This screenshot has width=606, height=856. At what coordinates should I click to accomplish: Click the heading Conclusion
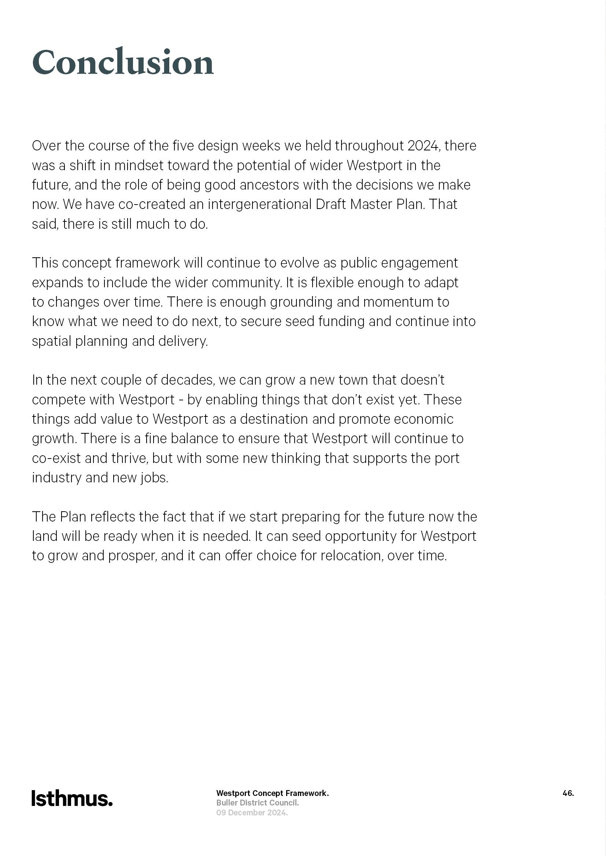click(x=123, y=61)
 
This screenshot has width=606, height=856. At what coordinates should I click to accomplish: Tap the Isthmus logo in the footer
click(x=72, y=799)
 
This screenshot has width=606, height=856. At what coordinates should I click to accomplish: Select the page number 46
click(x=568, y=793)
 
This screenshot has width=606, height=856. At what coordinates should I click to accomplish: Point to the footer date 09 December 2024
click(x=252, y=812)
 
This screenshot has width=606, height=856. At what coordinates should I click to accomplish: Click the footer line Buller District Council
click(x=258, y=803)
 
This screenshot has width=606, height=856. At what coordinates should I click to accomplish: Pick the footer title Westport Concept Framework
click(x=272, y=793)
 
